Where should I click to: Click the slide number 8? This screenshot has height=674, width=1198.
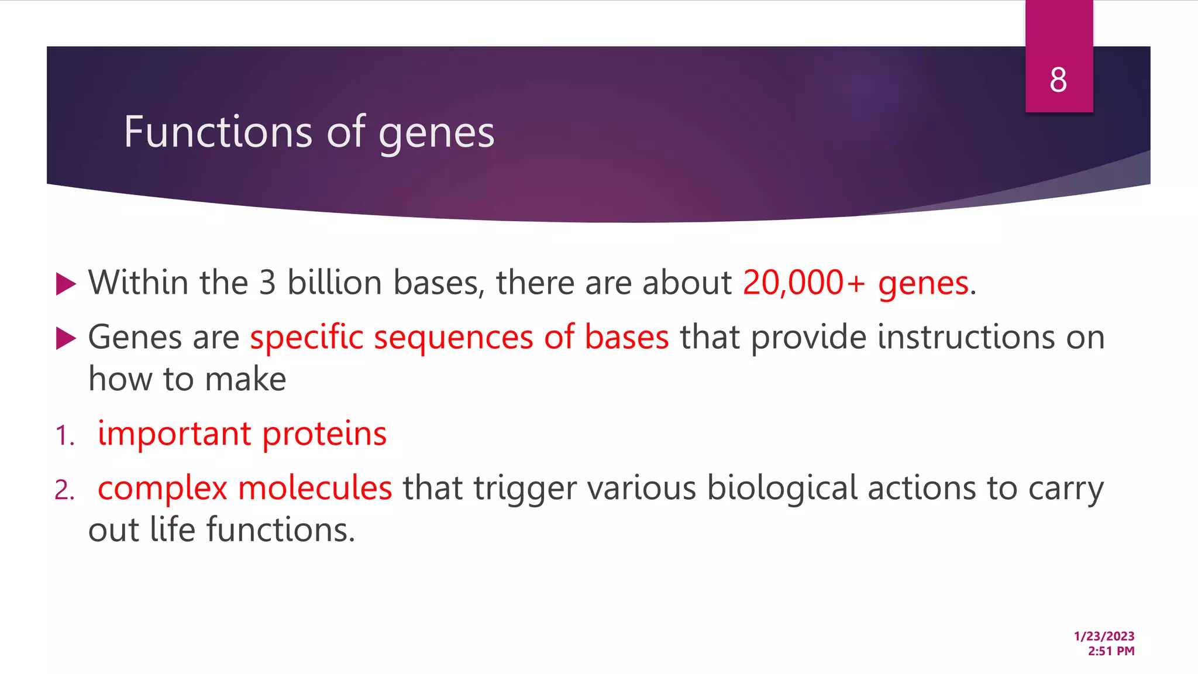[1058, 80]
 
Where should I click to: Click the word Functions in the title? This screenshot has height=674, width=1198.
[218, 132]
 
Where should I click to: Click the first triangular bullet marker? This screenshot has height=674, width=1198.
[66, 284]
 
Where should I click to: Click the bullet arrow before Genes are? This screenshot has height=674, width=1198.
[66, 338]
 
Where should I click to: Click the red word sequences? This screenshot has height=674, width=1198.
[453, 338]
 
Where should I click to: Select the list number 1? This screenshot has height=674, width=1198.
[64, 436]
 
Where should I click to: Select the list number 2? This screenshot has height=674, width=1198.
[64, 490]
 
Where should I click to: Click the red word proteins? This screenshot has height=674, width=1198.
[324, 434]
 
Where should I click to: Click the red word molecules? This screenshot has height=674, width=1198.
[315, 488]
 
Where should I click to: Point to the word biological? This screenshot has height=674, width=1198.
[782, 489]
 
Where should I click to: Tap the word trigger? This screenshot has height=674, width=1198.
[525, 489]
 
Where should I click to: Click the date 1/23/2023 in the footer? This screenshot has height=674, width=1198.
[1104, 636]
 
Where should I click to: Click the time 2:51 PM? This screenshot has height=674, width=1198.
[1111, 651]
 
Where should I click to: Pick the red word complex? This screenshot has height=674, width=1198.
[162, 489]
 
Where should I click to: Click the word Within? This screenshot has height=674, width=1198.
[138, 283]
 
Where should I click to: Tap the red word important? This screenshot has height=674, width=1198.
[174, 434]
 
